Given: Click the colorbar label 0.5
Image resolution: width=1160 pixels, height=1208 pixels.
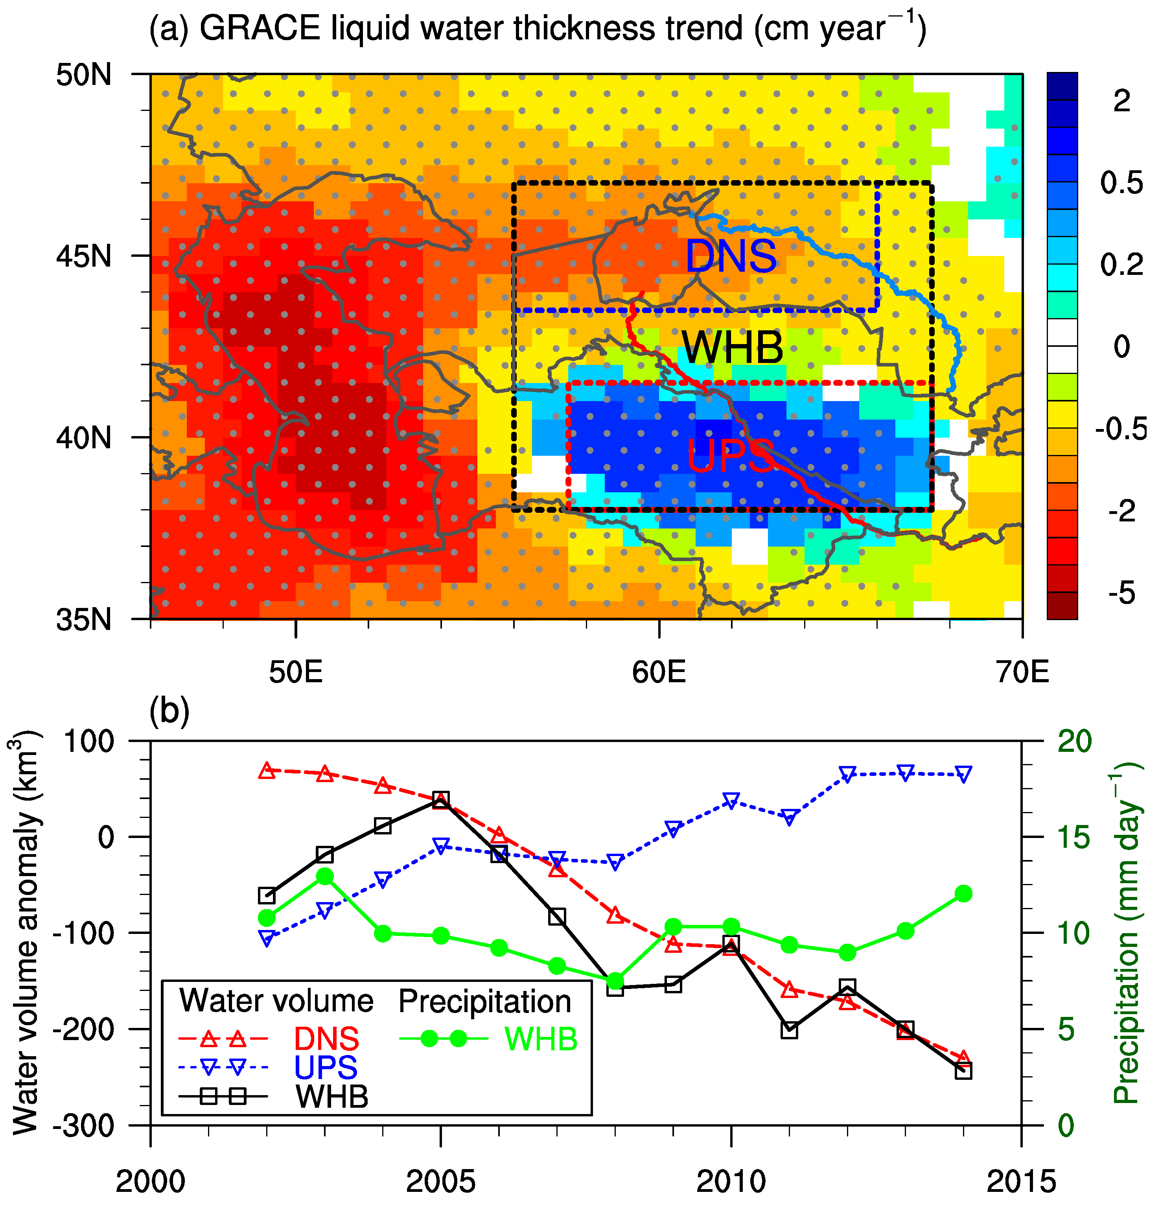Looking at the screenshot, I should [1121, 183].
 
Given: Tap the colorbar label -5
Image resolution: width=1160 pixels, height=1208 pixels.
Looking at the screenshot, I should [1121, 593].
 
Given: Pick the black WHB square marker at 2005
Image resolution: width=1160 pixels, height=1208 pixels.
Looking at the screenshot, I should [441, 800].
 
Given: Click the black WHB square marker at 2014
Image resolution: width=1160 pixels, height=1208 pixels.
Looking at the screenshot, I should [963, 1071].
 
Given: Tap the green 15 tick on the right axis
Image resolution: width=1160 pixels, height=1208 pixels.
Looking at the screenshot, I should [1074, 837].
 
